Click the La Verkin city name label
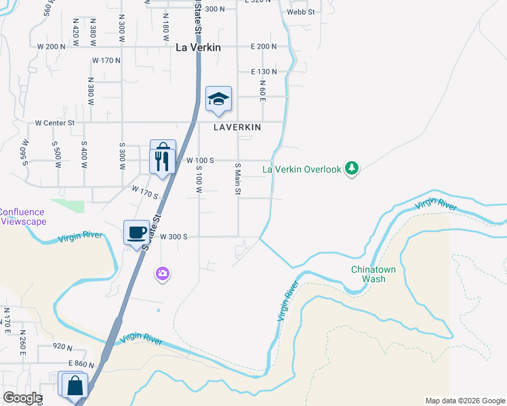click(198, 48)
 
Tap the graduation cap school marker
click(218, 99)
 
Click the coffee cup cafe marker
click(136, 233)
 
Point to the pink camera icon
click(163, 274)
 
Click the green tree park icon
click(351, 167)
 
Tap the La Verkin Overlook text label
click(302, 169)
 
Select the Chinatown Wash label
click(368, 274)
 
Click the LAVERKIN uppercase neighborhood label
click(237, 127)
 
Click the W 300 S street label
click(174, 237)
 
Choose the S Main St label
click(238, 179)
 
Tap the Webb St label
click(301, 12)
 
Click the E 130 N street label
click(264, 71)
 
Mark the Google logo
click(22, 397)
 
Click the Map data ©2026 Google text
click(464, 401)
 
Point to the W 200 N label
click(52, 47)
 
